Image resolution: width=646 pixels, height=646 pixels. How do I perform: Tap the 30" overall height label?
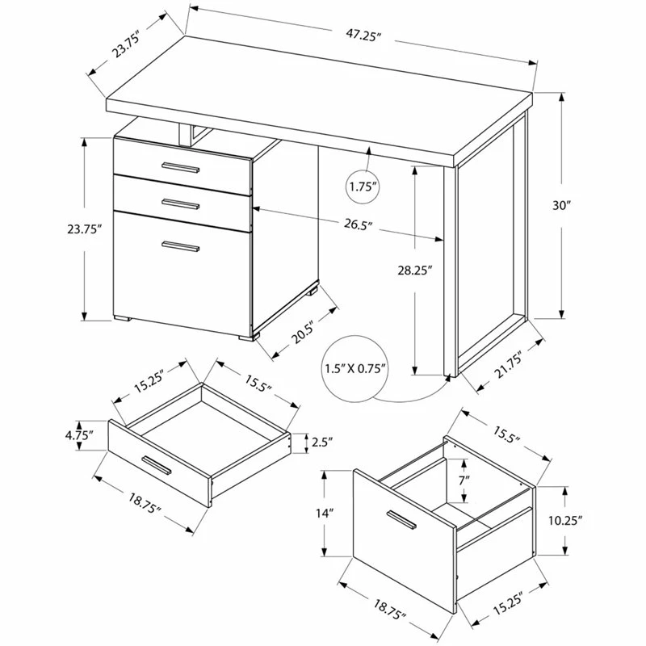[560, 205]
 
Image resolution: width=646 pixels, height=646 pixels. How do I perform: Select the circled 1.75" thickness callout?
[363, 187]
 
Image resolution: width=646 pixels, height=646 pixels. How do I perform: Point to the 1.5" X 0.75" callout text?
[355, 368]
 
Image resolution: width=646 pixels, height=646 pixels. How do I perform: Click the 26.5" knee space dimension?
[358, 225]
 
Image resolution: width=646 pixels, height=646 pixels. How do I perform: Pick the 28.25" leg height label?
[414, 271]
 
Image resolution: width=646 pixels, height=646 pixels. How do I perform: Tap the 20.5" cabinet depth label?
[304, 332]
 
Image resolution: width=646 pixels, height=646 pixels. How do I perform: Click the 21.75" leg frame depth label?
[508, 365]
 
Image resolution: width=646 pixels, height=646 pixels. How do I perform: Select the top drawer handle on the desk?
[181, 167]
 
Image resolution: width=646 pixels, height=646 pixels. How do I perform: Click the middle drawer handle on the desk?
[181, 203]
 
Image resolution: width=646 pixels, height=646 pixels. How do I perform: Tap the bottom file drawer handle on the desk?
[181, 246]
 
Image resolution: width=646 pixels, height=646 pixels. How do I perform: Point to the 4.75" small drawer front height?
[79, 435]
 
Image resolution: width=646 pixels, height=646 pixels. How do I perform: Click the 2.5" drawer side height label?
[321, 443]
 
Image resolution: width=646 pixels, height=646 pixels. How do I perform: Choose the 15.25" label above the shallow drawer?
[149, 381]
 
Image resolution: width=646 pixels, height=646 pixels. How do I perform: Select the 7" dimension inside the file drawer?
[464, 480]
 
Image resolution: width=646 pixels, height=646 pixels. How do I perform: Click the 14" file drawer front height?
[325, 514]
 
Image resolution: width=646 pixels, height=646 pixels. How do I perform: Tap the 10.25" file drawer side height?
[565, 521]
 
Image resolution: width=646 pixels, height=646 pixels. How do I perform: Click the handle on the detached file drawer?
[401, 519]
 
